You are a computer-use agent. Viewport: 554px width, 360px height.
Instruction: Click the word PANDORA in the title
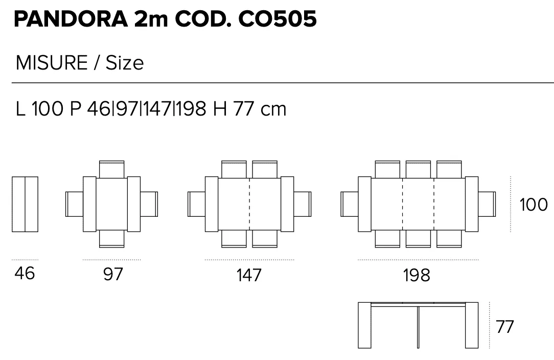[x=71, y=19]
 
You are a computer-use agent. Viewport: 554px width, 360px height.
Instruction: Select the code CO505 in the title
[x=278, y=19]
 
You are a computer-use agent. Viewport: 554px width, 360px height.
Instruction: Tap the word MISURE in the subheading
[x=52, y=63]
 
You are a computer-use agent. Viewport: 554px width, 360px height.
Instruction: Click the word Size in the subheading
[x=125, y=63]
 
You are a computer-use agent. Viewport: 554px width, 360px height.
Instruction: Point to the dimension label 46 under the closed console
[x=25, y=274]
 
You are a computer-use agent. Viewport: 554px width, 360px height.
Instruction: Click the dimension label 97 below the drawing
[x=113, y=275]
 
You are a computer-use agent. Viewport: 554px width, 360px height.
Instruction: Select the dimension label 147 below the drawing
[x=249, y=275]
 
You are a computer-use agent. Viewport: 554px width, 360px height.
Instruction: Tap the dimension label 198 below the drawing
[x=417, y=275]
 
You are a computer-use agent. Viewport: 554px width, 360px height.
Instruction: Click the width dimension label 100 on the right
[x=534, y=205]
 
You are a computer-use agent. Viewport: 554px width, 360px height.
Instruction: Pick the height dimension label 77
[x=504, y=327]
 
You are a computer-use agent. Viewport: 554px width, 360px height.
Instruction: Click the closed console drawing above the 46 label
[x=25, y=205]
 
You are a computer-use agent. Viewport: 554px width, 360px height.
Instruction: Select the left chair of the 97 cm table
[x=75, y=204]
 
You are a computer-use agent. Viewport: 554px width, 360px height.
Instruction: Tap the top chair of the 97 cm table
[x=111, y=169]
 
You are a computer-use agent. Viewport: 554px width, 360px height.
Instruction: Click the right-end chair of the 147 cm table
[x=303, y=204]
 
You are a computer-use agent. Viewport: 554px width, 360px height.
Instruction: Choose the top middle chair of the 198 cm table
[x=419, y=169]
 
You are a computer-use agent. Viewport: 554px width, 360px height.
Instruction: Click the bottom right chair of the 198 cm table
[x=449, y=239]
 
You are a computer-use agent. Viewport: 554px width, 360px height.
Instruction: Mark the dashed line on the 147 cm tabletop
[x=249, y=205]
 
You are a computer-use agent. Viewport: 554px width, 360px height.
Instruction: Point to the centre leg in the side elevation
[x=418, y=327]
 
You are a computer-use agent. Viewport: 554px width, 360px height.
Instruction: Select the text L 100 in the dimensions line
[x=39, y=108]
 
